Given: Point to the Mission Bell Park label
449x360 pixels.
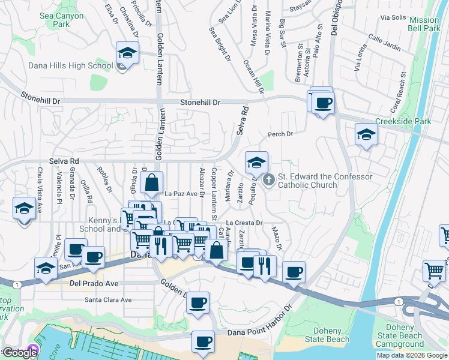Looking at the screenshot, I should [x=424, y=24].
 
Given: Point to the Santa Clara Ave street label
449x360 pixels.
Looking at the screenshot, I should [x=107, y=299].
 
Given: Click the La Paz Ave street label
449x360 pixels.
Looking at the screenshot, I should [x=181, y=194].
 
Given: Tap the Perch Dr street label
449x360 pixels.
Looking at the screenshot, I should [x=280, y=134].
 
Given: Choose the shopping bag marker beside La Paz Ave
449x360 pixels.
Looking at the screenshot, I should [x=152, y=181].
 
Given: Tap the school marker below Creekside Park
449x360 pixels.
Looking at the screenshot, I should [x=366, y=134].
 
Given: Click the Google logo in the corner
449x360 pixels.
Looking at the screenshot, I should [x=19, y=353].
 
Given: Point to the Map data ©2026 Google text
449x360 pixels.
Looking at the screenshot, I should [x=411, y=355].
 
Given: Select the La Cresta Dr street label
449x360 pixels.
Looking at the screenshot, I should [x=245, y=223].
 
